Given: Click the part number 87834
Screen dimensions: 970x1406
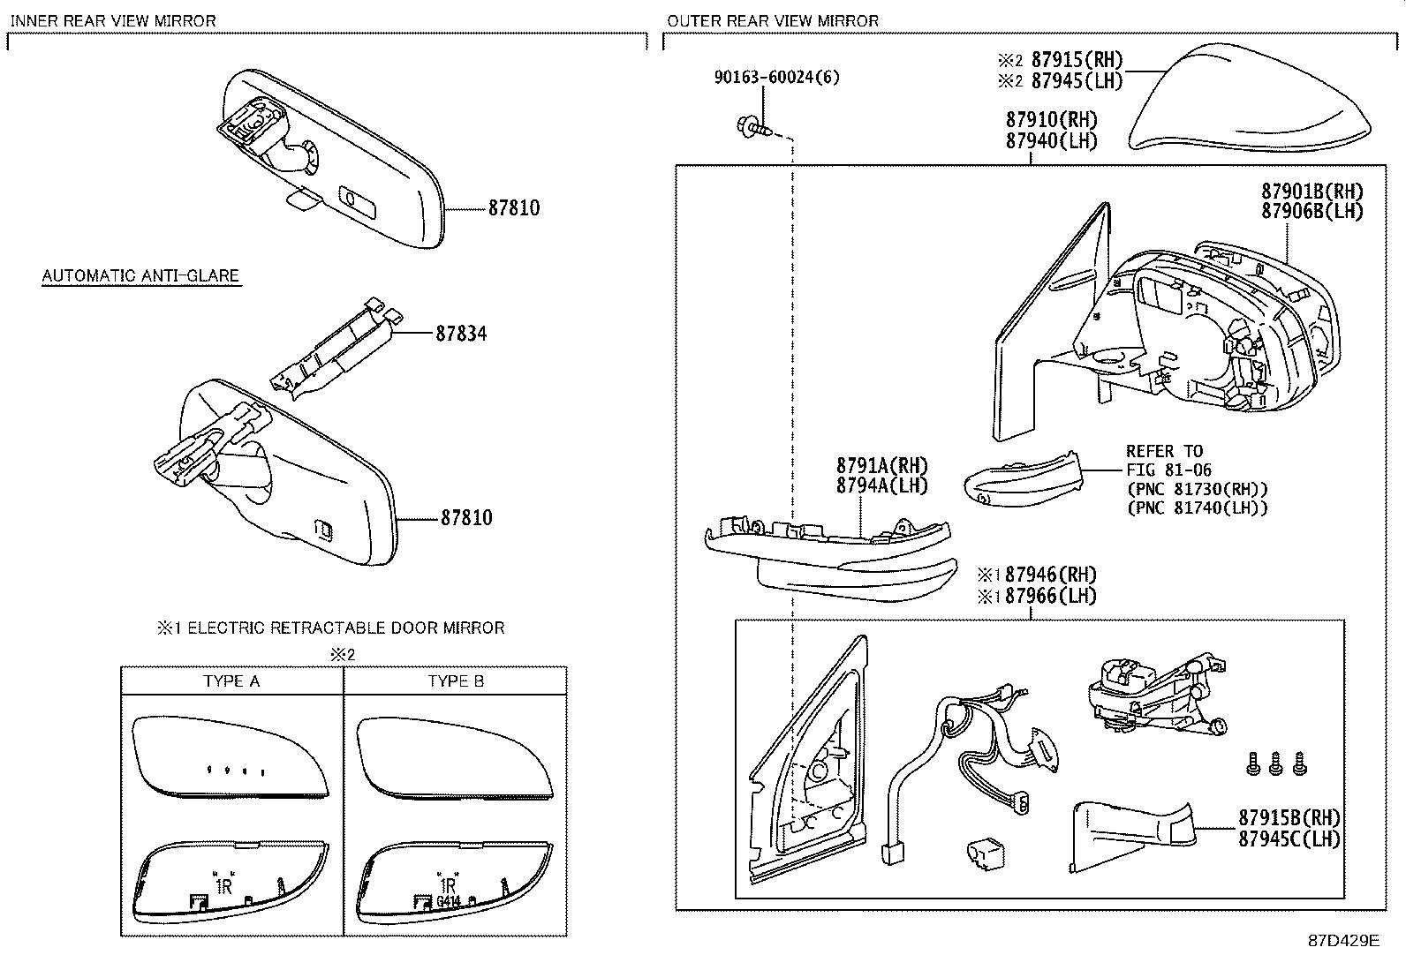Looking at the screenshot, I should pos(460,334).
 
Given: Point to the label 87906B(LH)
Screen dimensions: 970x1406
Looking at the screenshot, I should pos(1312,212).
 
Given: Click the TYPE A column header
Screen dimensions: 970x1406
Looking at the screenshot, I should pos(231,681).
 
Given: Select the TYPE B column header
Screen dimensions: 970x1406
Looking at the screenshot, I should pos(456,681).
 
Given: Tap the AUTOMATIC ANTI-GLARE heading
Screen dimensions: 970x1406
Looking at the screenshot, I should pos(140,276).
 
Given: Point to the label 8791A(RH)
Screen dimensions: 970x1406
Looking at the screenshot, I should pos(881,465).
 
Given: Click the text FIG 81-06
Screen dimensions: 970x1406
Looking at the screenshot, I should pos(1168,470).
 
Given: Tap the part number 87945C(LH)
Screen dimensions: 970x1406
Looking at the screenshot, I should pos(1289,838).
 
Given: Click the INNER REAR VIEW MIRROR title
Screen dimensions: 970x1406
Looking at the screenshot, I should pos(113,20).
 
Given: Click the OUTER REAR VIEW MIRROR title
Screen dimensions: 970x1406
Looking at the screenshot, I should pos(773,20).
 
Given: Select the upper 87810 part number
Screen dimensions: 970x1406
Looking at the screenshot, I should pos(513,208).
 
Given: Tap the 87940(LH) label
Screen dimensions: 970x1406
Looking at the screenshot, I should pos(1051,140).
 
